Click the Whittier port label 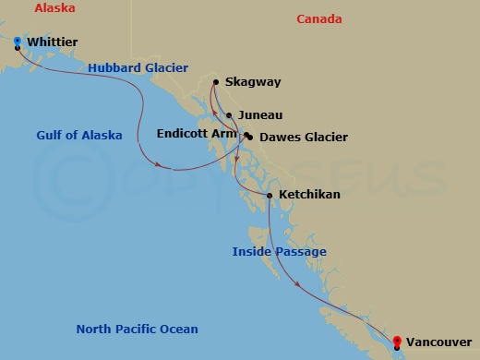(x=53, y=42)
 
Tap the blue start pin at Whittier (x=18, y=41)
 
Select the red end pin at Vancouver (x=396, y=341)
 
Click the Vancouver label (x=437, y=342)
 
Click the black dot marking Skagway (x=216, y=82)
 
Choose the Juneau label (x=259, y=115)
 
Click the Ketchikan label (x=309, y=195)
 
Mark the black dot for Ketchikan (x=269, y=195)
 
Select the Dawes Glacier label (x=304, y=138)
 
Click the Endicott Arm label (x=198, y=133)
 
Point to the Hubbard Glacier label (x=138, y=67)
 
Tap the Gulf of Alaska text (x=79, y=136)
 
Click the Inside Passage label (x=279, y=251)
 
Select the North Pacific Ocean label (x=137, y=330)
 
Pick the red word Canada (x=318, y=19)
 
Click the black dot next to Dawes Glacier (x=249, y=138)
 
